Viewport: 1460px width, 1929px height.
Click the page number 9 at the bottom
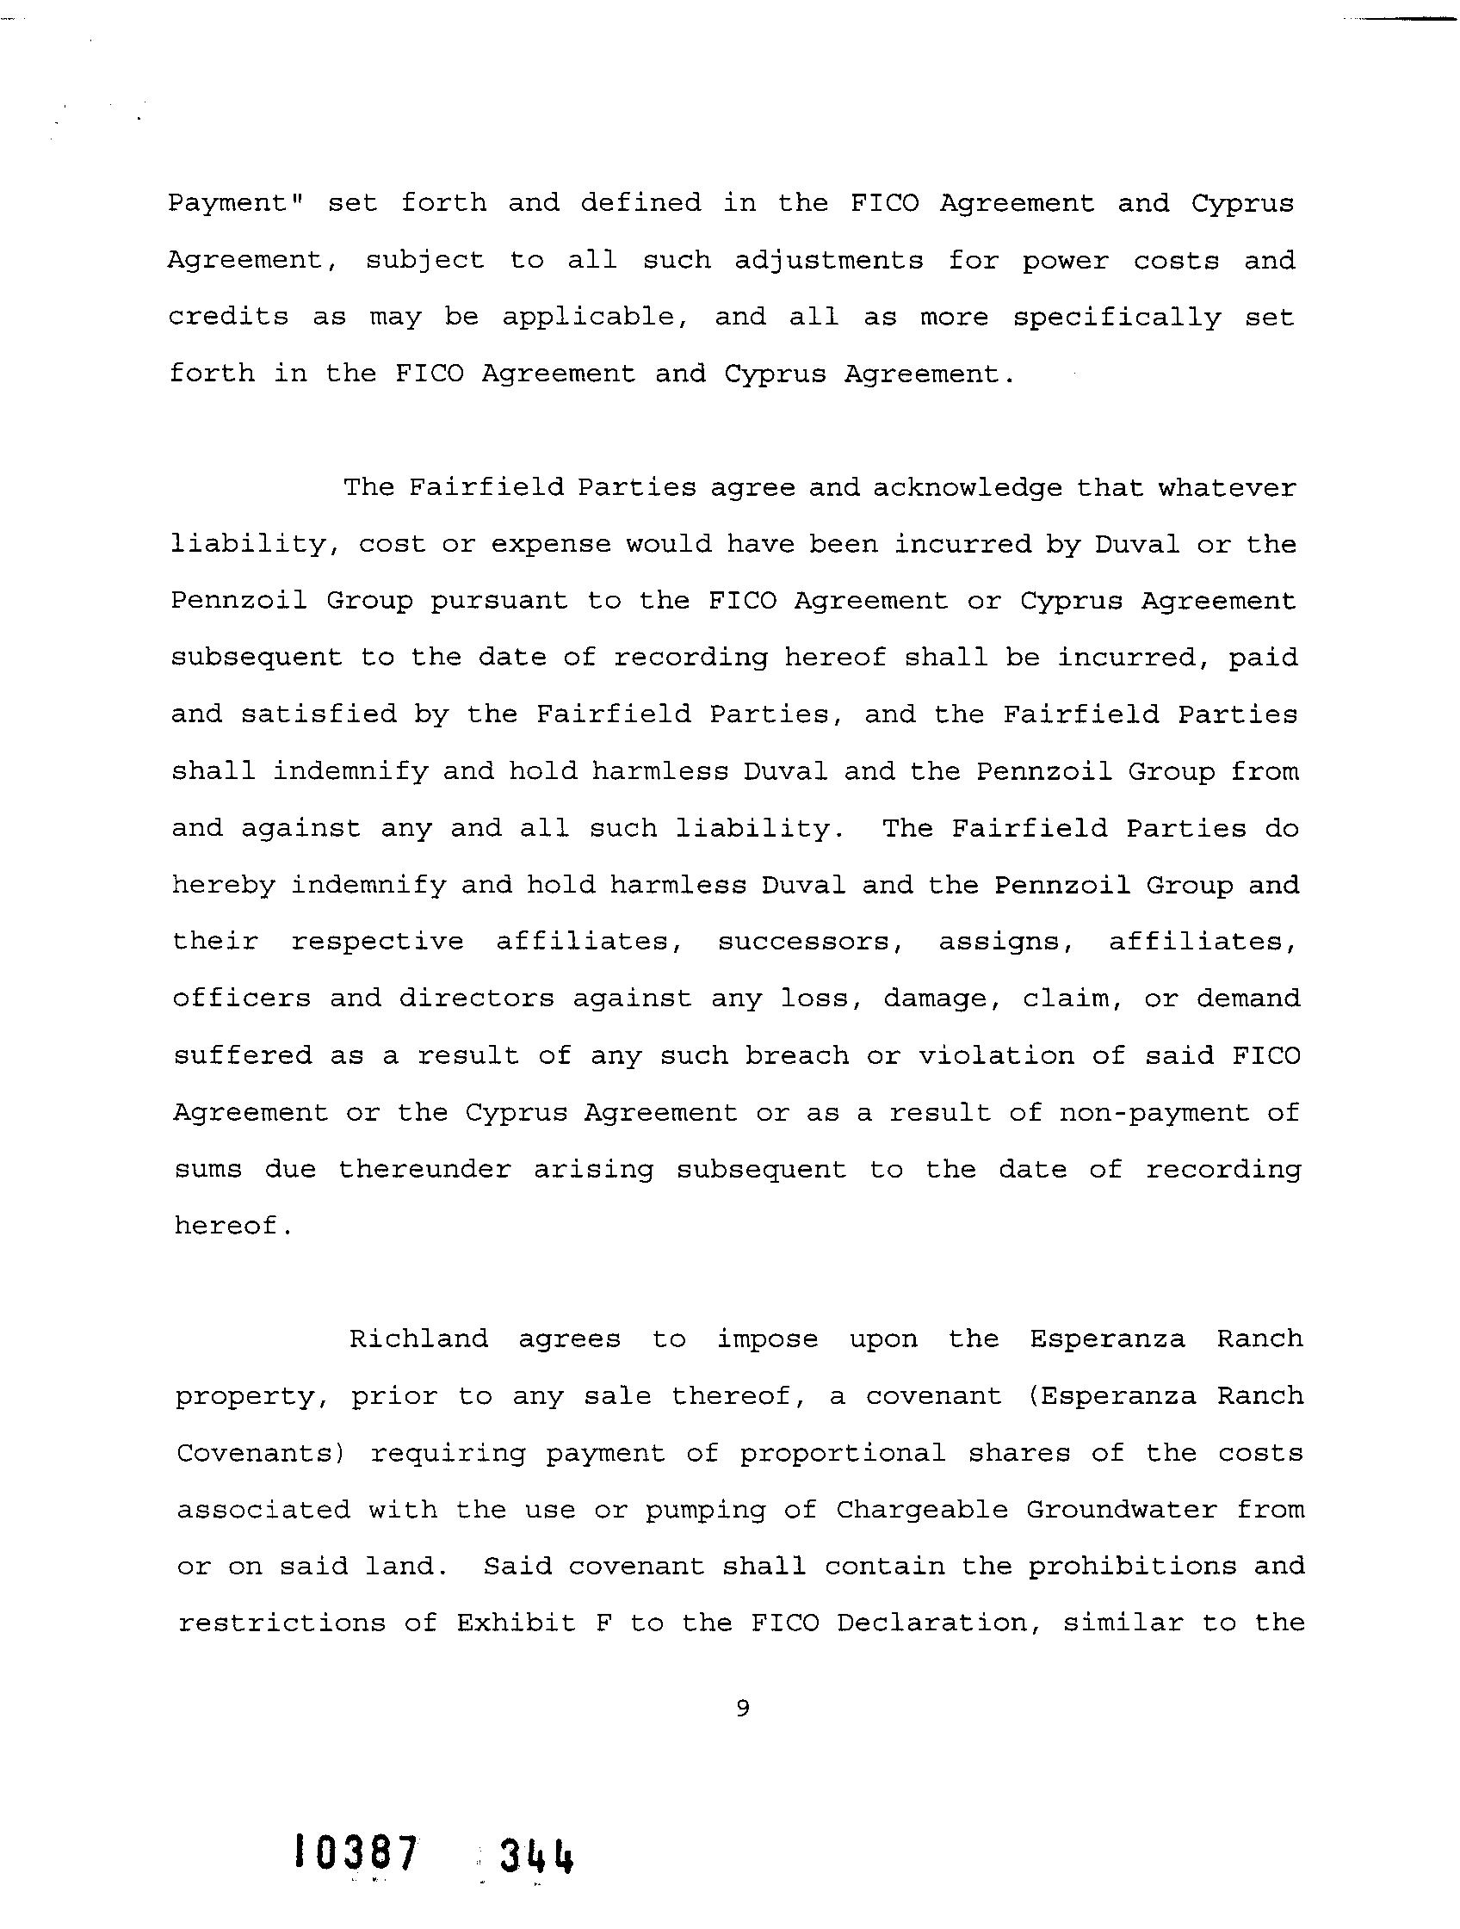point(742,1708)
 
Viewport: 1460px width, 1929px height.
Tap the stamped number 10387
point(353,1852)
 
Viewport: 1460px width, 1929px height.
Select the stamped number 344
point(535,1855)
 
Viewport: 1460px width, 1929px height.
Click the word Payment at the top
point(233,203)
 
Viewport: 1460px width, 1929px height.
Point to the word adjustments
point(827,261)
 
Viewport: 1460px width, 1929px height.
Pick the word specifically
point(1117,318)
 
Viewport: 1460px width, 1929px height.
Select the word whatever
point(1226,487)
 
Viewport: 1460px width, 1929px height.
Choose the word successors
point(810,942)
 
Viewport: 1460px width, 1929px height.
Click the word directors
point(476,998)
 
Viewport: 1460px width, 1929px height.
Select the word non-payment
point(1154,1114)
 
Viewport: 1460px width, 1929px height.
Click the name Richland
point(418,1339)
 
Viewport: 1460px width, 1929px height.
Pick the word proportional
point(843,1453)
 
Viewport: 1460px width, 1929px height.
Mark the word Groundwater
point(1121,1510)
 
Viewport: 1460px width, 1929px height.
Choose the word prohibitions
point(1132,1567)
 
